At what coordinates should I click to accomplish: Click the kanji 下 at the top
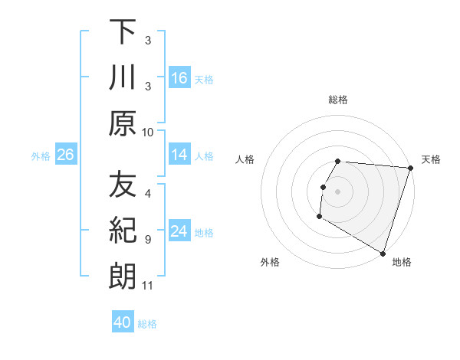click(123, 33)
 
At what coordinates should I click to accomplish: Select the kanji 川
click(123, 78)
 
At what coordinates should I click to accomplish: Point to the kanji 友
click(123, 185)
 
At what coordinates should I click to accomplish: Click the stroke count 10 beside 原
click(148, 132)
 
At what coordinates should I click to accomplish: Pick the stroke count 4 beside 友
click(148, 194)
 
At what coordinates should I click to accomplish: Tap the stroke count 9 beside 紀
click(148, 239)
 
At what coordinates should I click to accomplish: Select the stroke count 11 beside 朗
click(148, 286)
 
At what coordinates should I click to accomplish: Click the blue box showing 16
click(179, 78)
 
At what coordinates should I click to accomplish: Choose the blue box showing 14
click(179, 155)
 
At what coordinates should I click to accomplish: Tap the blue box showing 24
click(179, 231)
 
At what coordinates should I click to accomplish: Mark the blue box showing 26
click(65, 155)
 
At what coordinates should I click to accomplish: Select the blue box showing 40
click(123, 322)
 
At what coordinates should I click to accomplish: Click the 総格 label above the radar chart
click(338, 100)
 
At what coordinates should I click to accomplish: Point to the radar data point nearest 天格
click(410, 169)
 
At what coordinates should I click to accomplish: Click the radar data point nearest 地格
click(383, 252)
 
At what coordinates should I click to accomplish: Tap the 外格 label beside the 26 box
click(41, 156)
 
